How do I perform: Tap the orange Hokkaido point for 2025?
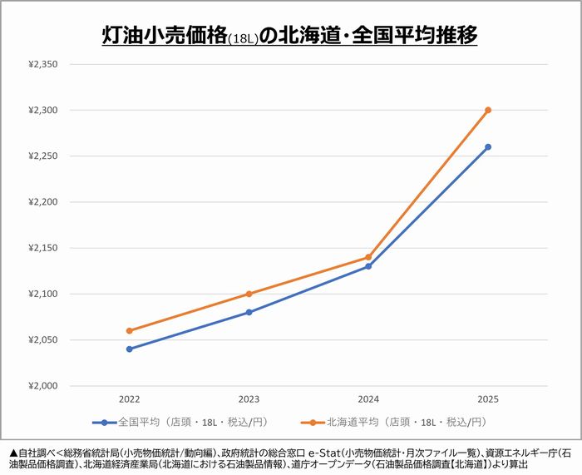click(x=488, y=110)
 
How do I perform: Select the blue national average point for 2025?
click(x=488, y=146)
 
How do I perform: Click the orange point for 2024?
click(x=368, y=257)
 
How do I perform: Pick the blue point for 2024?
click(x=368, y=266)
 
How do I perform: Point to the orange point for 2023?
click(x=249, y=294)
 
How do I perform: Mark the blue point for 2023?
click(x=249, y=312)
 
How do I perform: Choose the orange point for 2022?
click(x=129, y=330)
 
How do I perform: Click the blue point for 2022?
click(x=129, y=349)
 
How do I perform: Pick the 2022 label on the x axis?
click(x=129, y=399)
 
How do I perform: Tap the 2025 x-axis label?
click(x=488, y=399)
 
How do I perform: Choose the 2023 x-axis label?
click(x=249, y=399)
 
